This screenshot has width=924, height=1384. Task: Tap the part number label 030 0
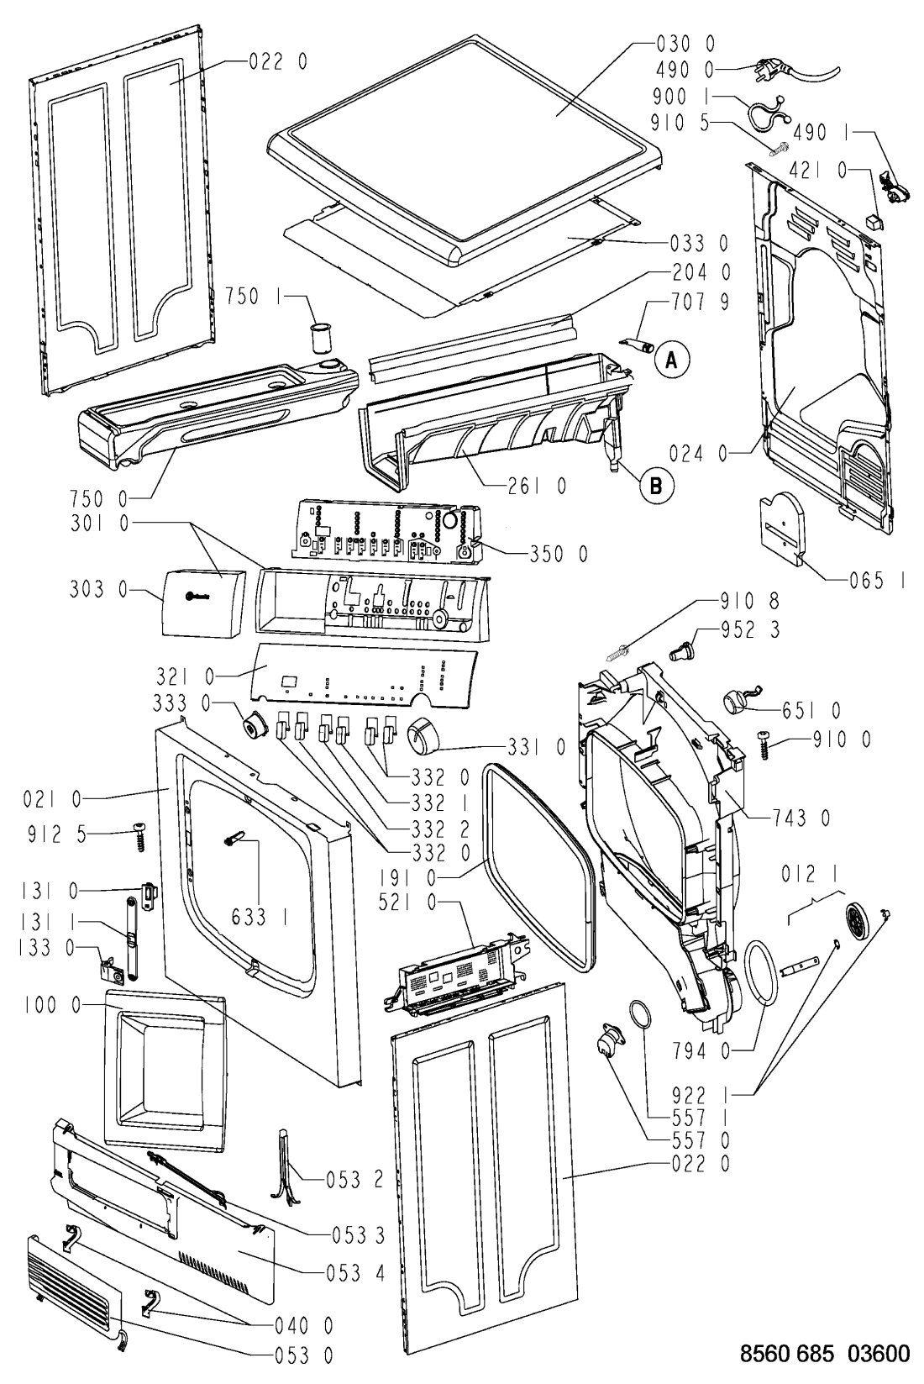point(686,43)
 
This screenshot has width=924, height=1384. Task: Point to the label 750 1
point(252,295)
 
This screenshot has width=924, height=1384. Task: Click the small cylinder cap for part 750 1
point(320,339)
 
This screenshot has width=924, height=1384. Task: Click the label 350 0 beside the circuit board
point(558,554)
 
